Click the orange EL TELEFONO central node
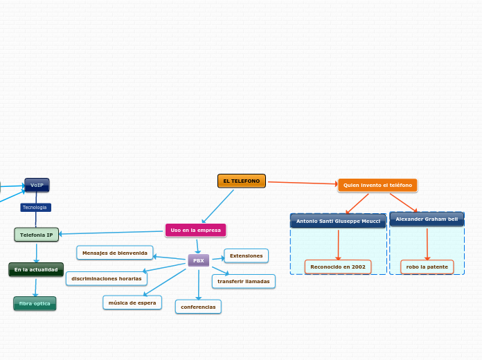pyautogui.click(x=242, y=181)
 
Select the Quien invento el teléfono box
pyautogui.click(x=377, y=186)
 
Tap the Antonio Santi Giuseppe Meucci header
pyautogui.click(x=338, y=221)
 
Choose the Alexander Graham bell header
pyautogui.click(x=427, y=219)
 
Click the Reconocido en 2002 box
pyautogui.click(x=338, y=267)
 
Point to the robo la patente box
pyautogui.click(x=427, y=267)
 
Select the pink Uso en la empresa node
pyautogui.click(x=195, y=230)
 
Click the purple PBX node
pyautogui.click(x=199, y=260)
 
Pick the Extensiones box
pyautogui.click(x=246, y=256)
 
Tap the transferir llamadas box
pyautogui.click(x=243, y=282)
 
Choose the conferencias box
pyautogui.click(x=198, y=307)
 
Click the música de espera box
pyautogui.click(x=132, y=303)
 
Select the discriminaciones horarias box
pyautogui.click(x=107, y=279)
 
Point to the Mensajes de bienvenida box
pyautogui.click(x=115, y=253)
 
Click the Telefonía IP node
pyautogui.click(x=37, y=235)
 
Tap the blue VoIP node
pyautogui.click(x=37, y=185)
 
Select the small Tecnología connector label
pyautogui.click(x=35, y=208)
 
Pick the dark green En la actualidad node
pyautogui.click(x=36, y=269)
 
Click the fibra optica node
pyautogui.click(x=35, y=303)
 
